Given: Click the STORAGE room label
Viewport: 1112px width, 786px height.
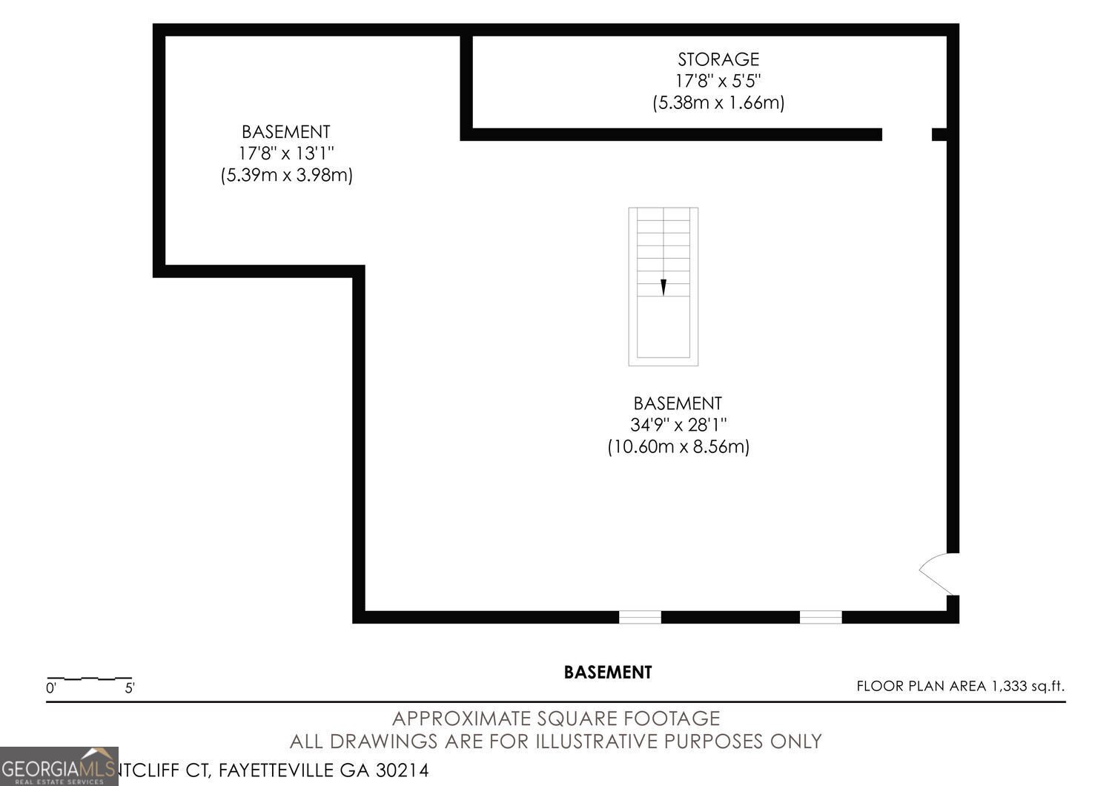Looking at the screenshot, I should [718, 59].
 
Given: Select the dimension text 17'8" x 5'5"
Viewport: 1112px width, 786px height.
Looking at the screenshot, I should [718, 80].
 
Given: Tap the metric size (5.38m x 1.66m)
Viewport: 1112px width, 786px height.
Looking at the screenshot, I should [718, 102].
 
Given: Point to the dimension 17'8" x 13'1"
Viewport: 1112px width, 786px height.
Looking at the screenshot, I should [285, 153].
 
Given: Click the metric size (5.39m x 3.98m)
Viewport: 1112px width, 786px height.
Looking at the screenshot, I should [286, 176].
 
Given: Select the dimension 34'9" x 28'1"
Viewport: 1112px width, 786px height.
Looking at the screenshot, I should [678, 425].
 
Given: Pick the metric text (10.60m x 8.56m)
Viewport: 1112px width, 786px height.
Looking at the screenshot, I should [678, 447].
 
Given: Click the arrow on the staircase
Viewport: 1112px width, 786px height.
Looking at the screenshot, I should [663, 287].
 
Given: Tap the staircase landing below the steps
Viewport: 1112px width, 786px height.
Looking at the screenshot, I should [663, 330].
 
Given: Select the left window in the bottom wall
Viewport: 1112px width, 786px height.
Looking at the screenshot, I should [640, 617].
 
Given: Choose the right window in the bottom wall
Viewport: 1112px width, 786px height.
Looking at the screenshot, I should [821, 617].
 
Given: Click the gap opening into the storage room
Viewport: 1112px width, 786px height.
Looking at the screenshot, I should [907, 134].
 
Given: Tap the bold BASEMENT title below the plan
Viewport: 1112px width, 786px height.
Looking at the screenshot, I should [608, 673].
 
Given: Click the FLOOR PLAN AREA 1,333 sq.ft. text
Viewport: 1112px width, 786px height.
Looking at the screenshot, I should [960, 686].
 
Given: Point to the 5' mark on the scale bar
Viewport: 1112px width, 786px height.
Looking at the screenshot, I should [130, 688].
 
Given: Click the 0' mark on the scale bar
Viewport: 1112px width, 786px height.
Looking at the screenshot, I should [51, 688].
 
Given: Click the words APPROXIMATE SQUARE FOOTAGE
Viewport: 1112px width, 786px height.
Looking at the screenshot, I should [555, 719].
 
